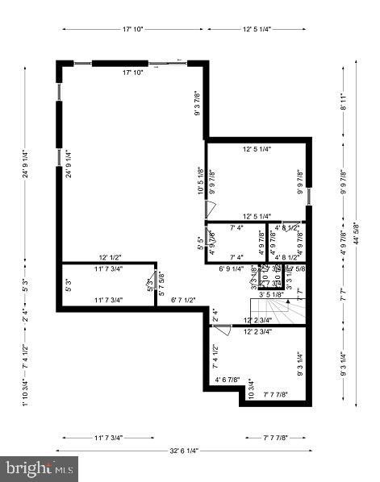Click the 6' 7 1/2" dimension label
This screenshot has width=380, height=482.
coord(183,301)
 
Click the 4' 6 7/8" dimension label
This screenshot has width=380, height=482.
coord(228,380)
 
